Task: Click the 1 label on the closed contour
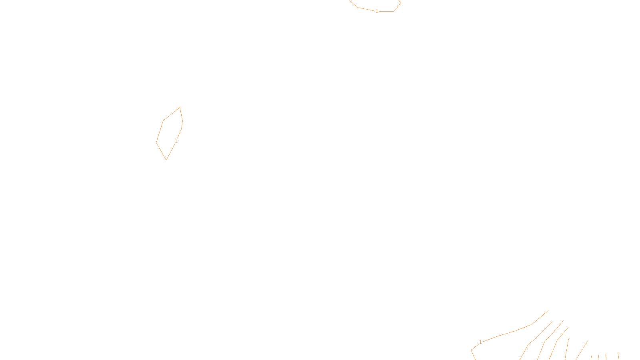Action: click(176, 141)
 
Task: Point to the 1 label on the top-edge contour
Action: click(377, 11)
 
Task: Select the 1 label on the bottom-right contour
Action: click(480, 342)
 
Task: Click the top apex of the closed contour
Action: click(180, 108)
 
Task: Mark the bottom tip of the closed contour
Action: click(166, 160)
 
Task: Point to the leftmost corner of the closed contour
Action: click(156, 142)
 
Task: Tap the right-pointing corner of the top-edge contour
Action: click(400, 3)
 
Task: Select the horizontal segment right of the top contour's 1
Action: click(386, 11)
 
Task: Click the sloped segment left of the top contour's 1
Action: click(366, 9)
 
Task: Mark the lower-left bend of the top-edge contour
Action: click(357, 7)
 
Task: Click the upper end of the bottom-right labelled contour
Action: click(548, 311)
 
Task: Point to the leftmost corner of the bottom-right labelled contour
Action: click(472, 350)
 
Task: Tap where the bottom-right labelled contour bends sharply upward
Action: click(532, 324)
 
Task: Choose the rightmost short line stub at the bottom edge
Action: click(618, 356)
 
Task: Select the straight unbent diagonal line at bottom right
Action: click(581, 350)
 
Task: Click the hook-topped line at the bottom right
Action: click(567, 348)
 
